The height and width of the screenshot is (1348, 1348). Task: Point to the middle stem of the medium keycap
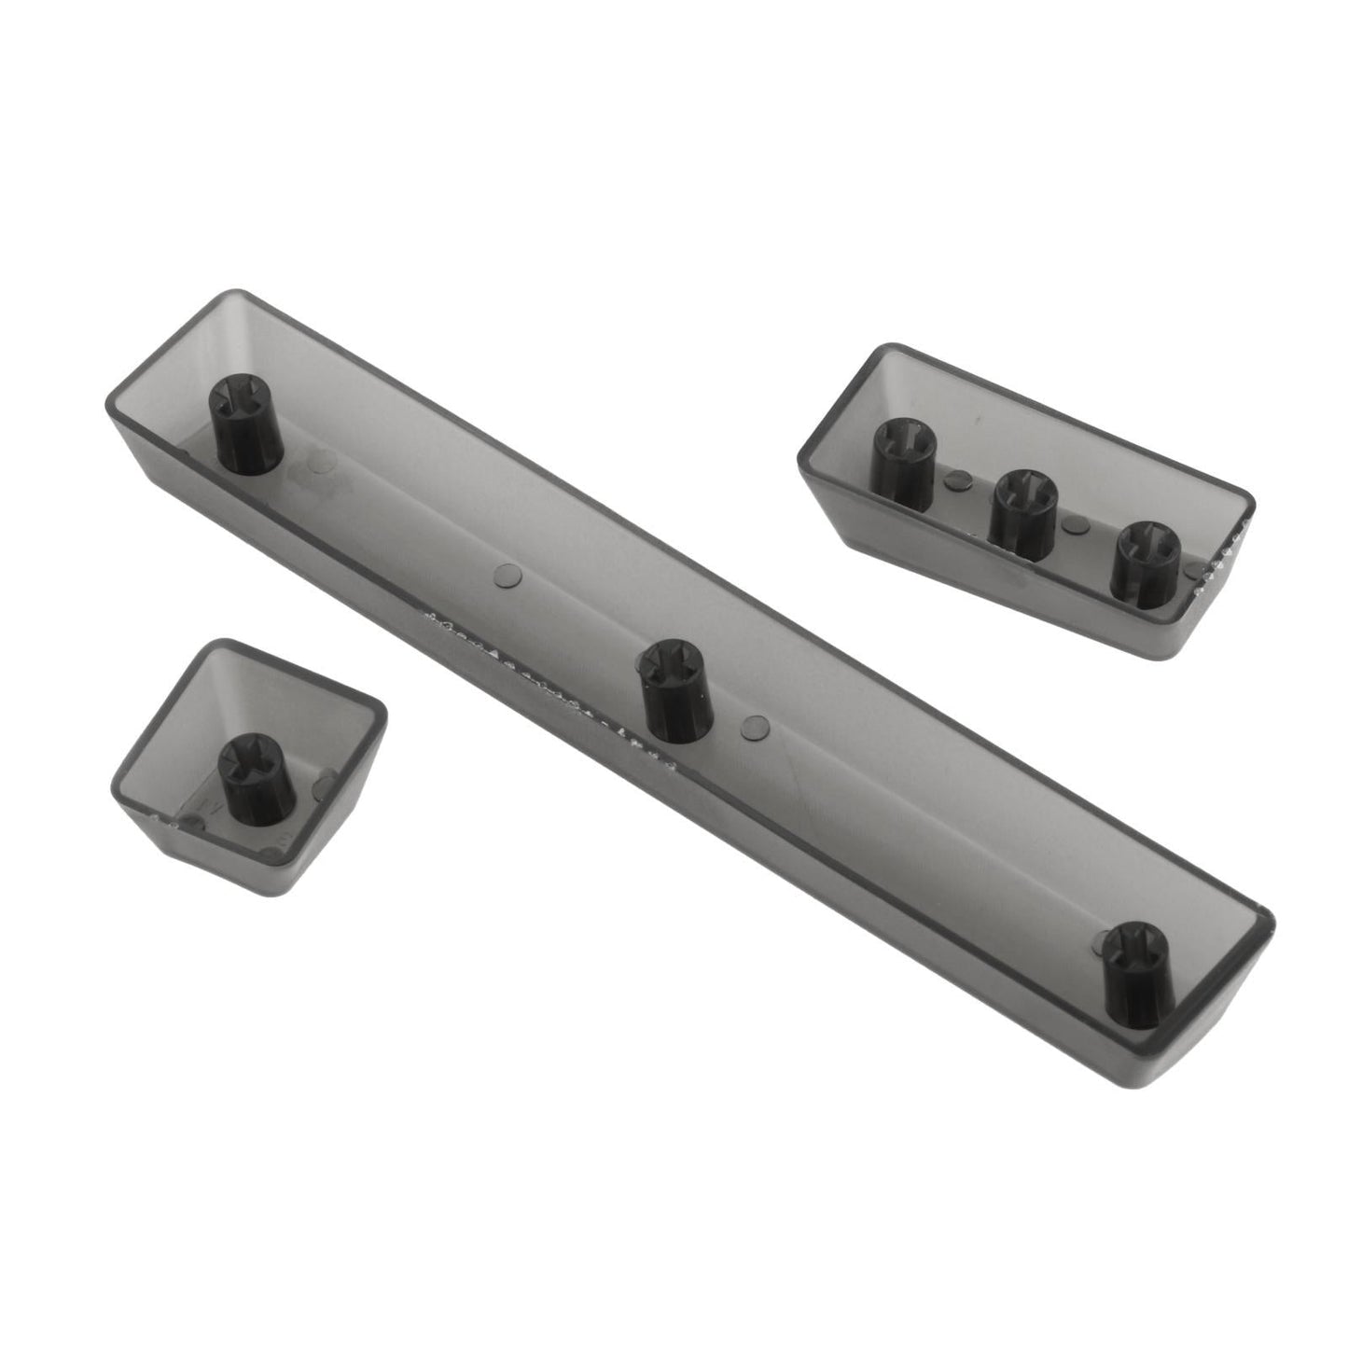(1024, 512)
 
